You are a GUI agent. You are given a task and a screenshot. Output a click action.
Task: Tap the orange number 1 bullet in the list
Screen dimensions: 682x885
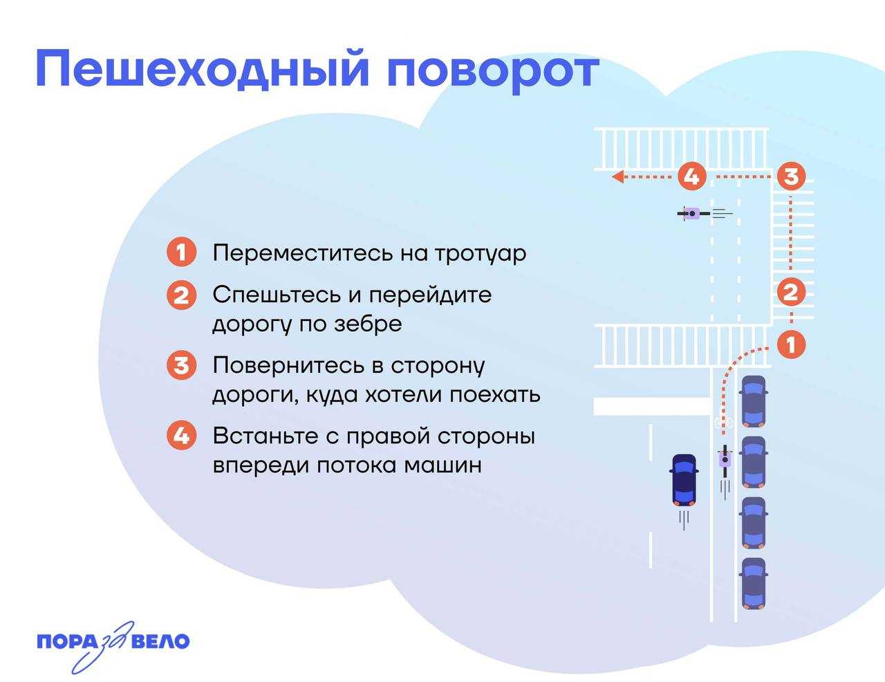point(181,252)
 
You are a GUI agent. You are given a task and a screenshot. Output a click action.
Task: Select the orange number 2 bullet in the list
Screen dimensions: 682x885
point(181,296)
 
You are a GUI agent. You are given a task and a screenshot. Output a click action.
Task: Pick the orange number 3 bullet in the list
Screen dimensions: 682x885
point(181,365)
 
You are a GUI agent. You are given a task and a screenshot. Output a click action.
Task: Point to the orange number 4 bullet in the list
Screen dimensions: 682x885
point(181,436)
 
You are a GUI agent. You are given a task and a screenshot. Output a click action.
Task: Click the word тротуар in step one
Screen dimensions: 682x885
point(480,253)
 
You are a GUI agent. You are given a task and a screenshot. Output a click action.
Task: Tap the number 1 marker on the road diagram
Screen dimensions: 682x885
point(791,344)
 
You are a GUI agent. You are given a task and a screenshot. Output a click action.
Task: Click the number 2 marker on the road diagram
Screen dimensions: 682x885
point(791,293)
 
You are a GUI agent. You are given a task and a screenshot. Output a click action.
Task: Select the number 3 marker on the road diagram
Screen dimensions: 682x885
point(791,176)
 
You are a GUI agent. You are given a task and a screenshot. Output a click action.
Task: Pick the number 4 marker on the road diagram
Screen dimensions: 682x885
point(691,176)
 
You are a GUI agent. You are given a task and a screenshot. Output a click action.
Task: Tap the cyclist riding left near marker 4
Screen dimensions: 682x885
point(693,214)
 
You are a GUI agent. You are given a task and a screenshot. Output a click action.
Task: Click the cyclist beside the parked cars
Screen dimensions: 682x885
point(725,459)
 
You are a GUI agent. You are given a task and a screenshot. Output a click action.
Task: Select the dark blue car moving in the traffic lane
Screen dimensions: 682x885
point(684,479)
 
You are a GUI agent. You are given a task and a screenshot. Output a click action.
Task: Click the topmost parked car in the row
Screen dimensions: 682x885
point(753,402)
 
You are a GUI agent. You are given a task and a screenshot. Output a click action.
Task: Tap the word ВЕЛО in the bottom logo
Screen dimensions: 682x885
point(160,642)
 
